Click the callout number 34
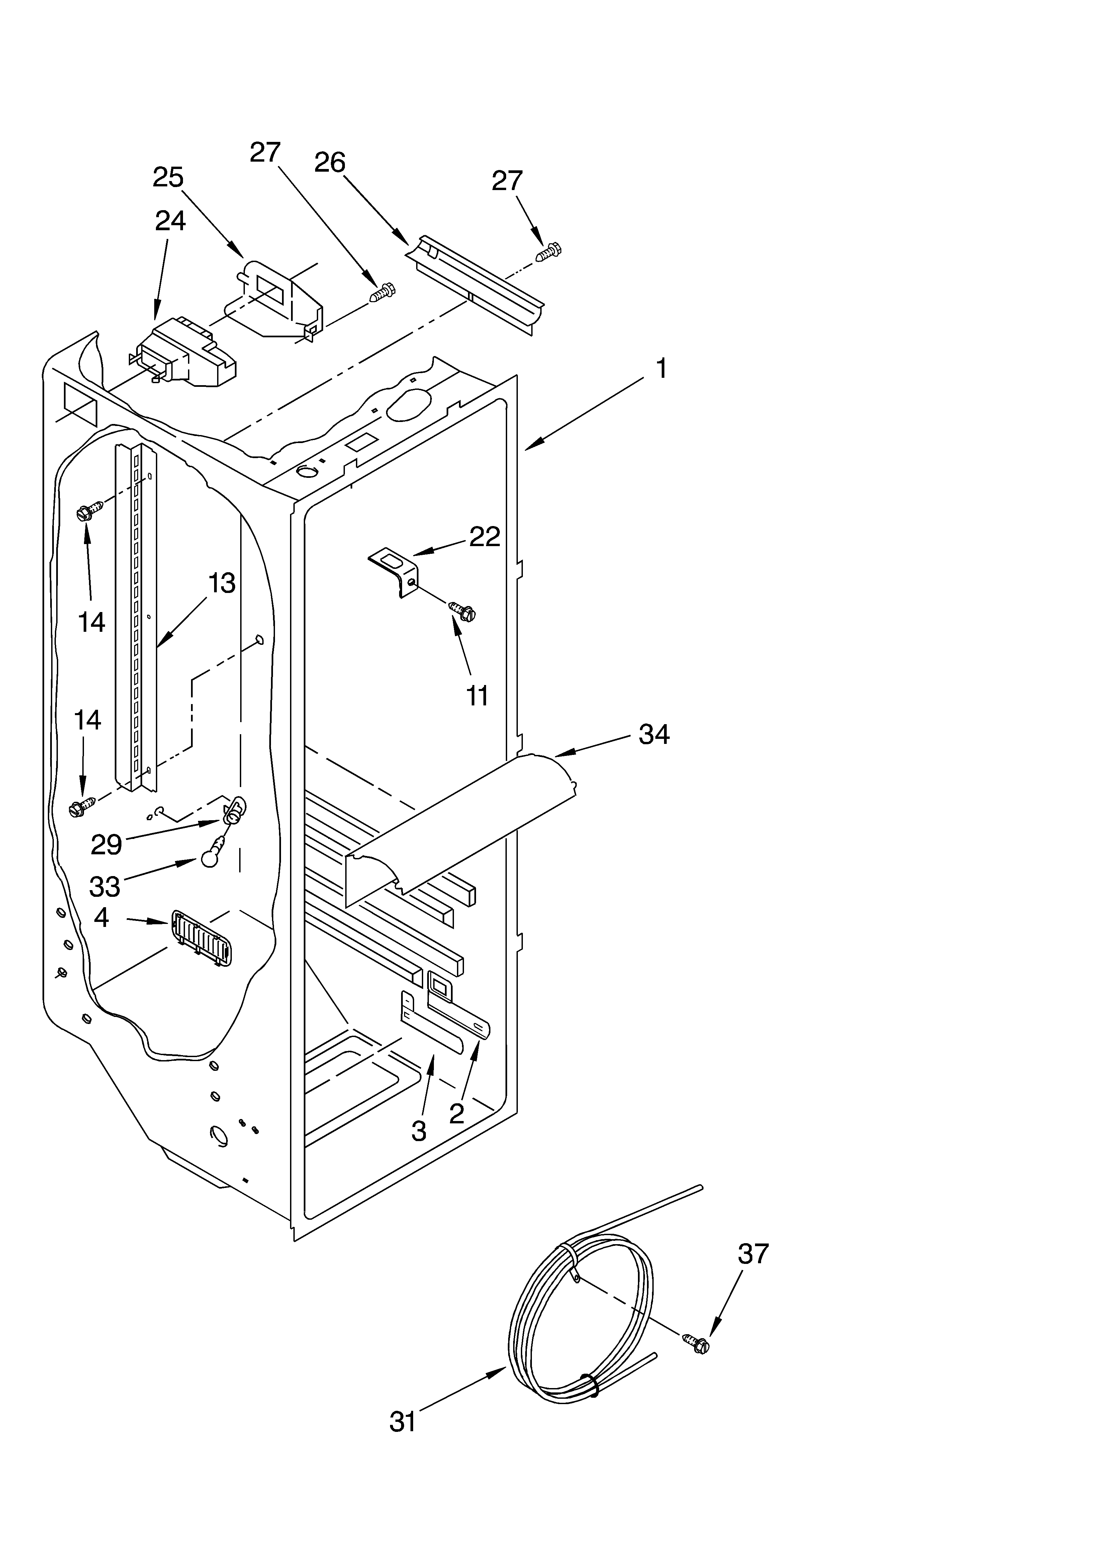click(x=653, y=735)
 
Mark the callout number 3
click(x=419, y=1132)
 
